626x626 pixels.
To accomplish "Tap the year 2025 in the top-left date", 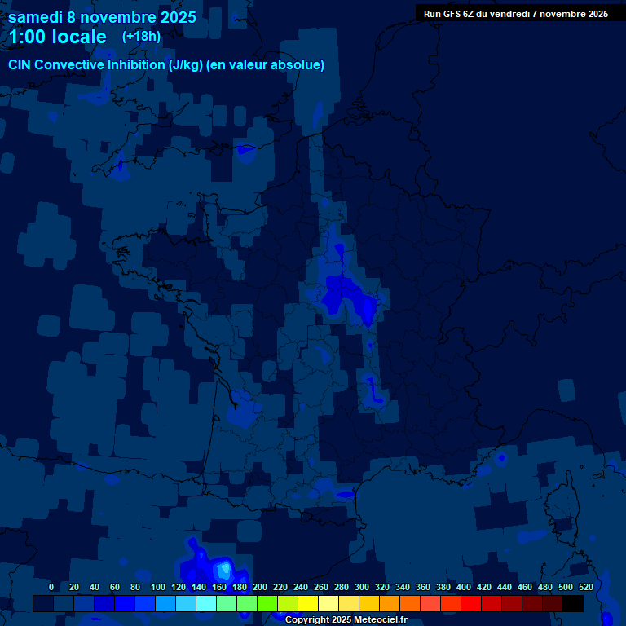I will click(172, 17).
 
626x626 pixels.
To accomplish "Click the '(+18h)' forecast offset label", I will click(141, 37).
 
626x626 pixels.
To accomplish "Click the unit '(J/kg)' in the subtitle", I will click(188, 65).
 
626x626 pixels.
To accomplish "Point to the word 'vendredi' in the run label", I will click(521, 14).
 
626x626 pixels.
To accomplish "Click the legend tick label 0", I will click(51, 587).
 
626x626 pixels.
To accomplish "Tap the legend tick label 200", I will click(260, 587).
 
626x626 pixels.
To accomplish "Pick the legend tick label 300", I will click(362, 587).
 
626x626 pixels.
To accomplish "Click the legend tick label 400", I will click(464, 587).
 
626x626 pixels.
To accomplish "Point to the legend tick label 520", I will click(586, 587).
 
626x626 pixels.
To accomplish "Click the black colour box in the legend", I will click(573, 603).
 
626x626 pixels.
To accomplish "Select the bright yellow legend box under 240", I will click(308, 603).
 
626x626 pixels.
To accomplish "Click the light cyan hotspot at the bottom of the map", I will click(223, 568).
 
